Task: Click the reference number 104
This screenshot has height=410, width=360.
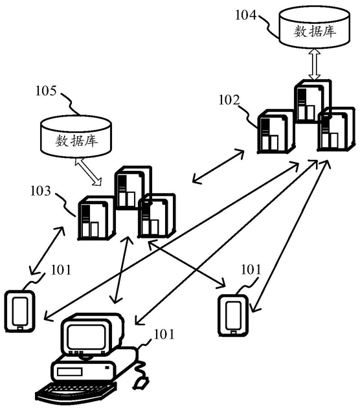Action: pos(246,15)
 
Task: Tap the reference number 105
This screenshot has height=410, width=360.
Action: pos(46,91)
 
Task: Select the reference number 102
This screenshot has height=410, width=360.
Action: pos(229,100)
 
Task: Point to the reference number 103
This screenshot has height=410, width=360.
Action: pos(41,191)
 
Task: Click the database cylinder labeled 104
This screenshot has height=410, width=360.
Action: pos(314,28)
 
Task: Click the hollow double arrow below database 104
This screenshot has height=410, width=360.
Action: pos(314,64)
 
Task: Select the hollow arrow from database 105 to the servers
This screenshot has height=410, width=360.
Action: pos(88,172)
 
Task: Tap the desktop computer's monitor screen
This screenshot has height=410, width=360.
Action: pos(86,337)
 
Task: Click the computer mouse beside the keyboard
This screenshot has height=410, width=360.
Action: pos(141,383)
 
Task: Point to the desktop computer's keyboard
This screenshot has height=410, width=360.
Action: pos(76,393)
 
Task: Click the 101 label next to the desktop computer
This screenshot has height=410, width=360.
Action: pos(164,334)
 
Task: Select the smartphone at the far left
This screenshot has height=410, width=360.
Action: pos(20,311)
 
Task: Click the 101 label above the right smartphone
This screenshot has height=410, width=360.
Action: pos(251,269)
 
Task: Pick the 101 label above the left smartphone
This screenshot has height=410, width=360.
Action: pos(61,269)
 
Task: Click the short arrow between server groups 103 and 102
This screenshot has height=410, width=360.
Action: pos(218,166)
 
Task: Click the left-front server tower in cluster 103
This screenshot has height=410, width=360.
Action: pos(96,218)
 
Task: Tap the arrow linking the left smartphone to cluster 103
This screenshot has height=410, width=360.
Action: pos(47,251)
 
